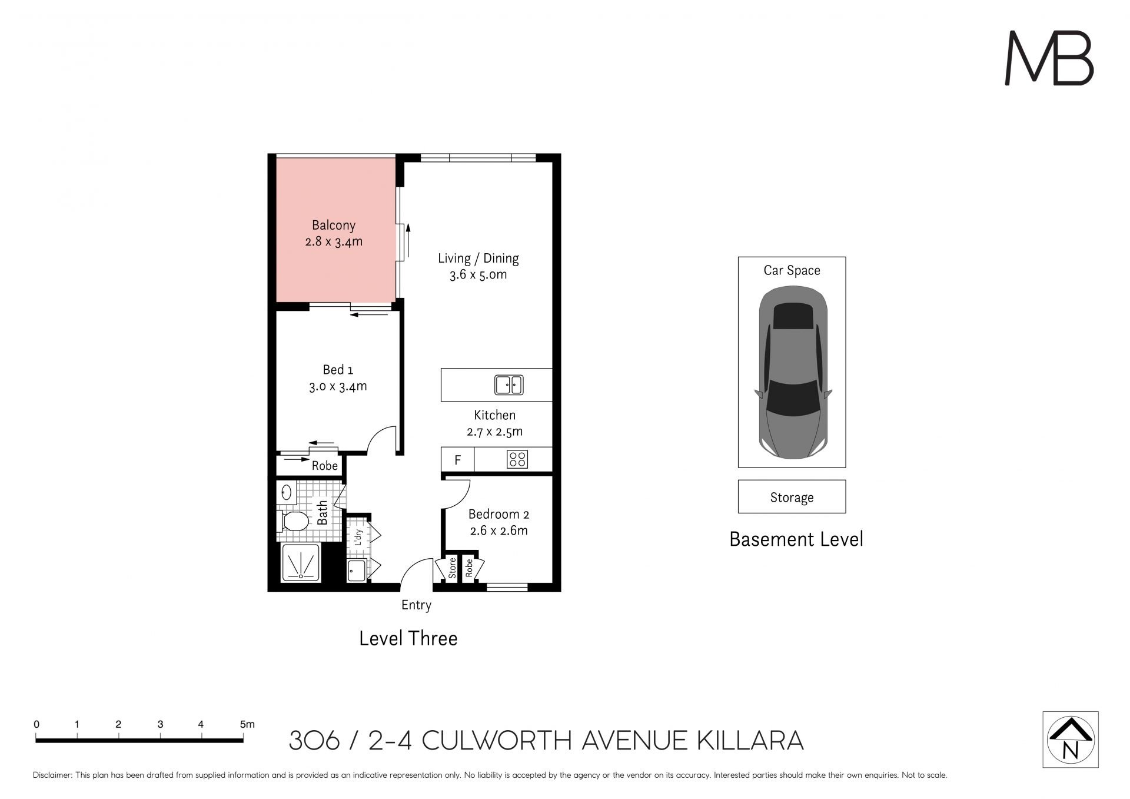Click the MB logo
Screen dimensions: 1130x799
pos(1049,58)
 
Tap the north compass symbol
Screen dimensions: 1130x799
pos(1071,740)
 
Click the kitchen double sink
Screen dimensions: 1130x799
pos(509,385)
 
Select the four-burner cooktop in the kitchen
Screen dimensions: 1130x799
pos(517,459)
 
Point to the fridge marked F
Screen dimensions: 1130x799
pos(458,460)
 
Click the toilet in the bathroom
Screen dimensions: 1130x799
pos(293,521)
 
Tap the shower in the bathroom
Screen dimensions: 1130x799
pos(301,562)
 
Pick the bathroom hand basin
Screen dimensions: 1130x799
pos(287,492)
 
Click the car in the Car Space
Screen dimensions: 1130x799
pos(793,372)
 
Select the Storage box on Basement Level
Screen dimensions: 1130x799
pos(792,496)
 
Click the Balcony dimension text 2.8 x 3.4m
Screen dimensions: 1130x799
pos(334,241)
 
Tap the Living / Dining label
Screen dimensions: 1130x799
pos(478,258)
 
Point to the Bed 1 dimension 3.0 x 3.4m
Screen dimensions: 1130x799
pos(338,386)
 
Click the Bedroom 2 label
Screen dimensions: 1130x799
pos(498,514)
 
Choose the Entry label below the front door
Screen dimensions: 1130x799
pos(416,605)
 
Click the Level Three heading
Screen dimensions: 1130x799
pos(408,638)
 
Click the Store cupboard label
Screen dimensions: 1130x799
pos(452,568)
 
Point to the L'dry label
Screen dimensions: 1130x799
pos(358,538)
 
